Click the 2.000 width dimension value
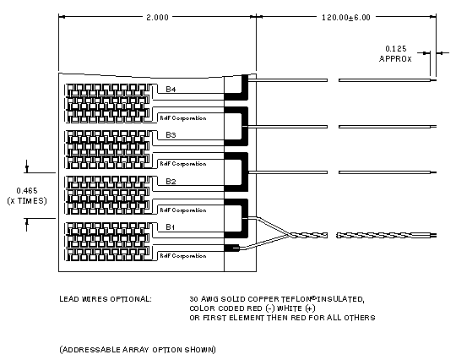point(157,18)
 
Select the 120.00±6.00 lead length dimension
point(346,18)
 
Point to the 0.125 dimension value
point(395,49)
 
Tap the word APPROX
point(395,59)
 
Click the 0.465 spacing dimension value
point(27,191)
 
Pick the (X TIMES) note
point(27,201)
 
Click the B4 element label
point(171,89)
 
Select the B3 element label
point(171,134)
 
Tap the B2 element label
point(171,181)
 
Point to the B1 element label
point(170,226)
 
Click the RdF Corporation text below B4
point(183,117)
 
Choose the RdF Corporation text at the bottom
point(183,256)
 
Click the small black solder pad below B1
point(231,248)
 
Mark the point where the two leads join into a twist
point(290,235)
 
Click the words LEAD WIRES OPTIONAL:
point(106,299)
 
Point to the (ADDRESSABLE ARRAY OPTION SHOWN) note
point(138,349)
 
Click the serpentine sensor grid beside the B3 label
point(108,150)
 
